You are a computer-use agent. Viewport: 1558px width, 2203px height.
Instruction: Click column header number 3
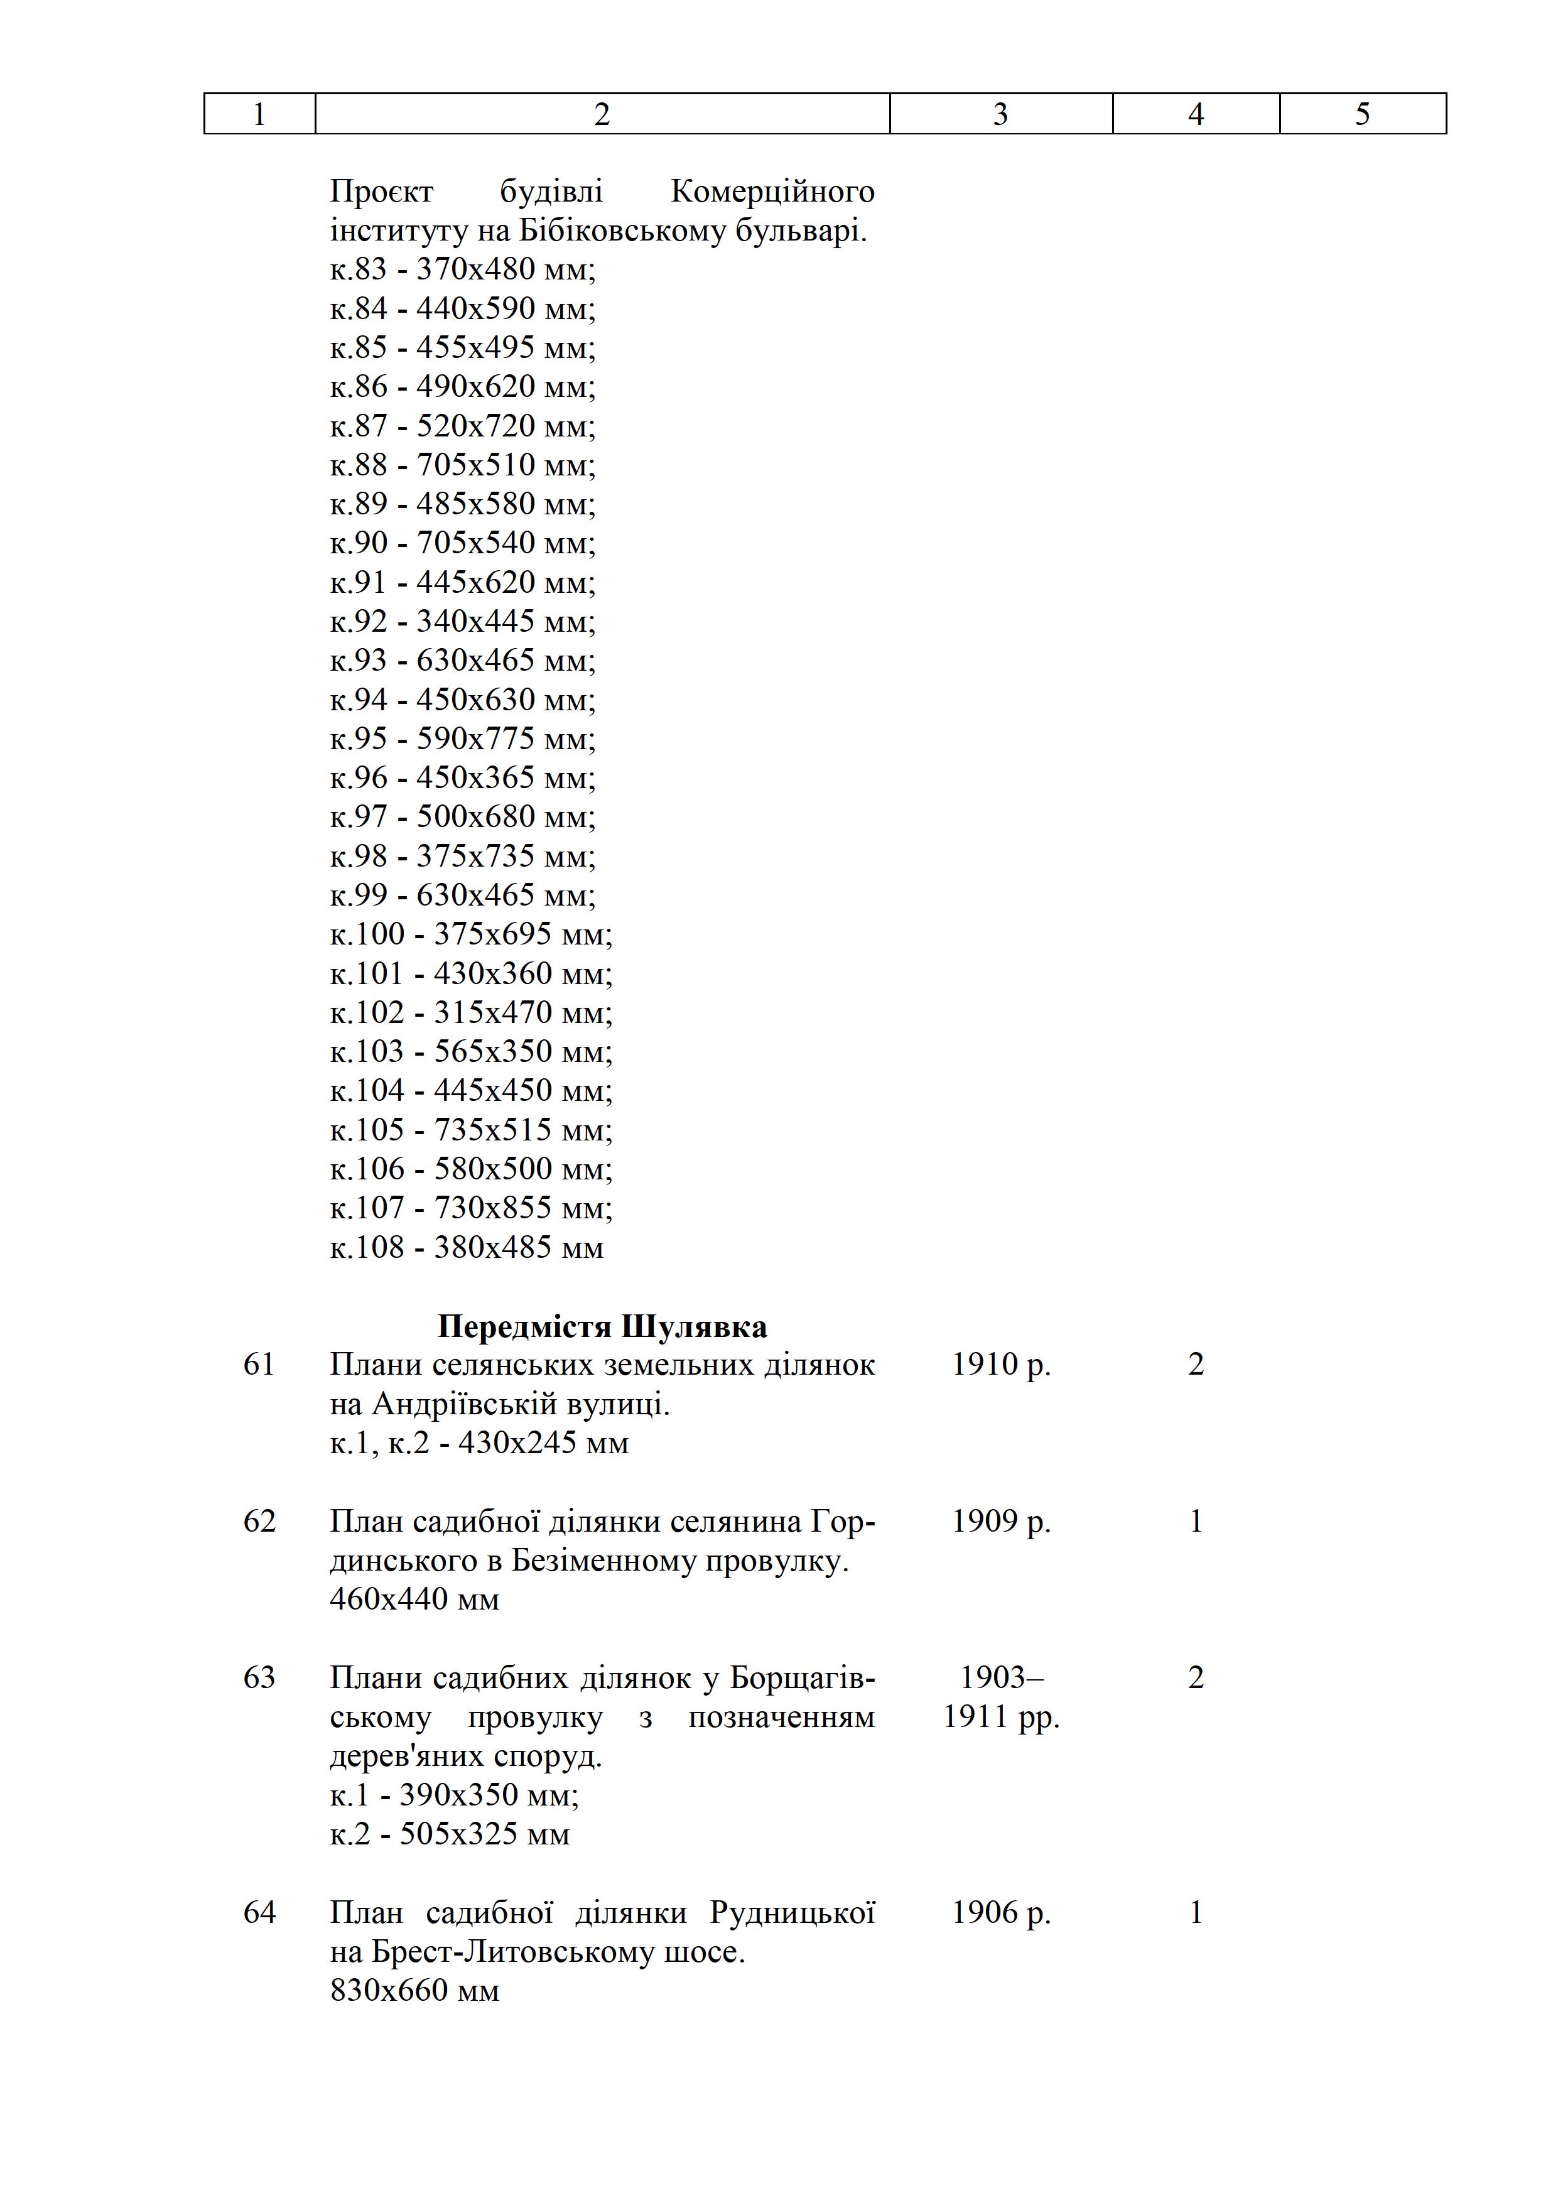[1000, 114]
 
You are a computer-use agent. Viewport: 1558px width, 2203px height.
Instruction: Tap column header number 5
[1361, 114]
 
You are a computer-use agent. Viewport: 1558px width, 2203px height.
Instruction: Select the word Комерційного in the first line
[772, 192]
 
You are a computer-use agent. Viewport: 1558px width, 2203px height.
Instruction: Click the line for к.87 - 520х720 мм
[462, 426]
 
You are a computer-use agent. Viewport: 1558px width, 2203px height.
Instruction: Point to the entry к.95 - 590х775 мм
[462, 739]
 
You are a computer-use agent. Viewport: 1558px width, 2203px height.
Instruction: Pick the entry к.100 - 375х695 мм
[470, 934]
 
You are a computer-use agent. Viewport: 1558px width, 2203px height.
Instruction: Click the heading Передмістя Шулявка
[602, 1327]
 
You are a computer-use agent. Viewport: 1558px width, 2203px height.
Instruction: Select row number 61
[259, 1365]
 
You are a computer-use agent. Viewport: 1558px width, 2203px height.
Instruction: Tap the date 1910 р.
[1000, 1365]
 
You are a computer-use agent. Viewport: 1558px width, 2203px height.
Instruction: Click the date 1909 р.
[1000, 1522]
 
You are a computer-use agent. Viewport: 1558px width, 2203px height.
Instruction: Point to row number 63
[259, 1678]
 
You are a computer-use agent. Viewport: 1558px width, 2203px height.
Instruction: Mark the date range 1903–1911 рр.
[1000, 1697]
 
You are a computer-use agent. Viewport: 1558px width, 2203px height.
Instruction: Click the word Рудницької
[793, 1913]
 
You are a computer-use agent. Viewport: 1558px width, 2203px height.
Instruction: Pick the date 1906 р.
[1000, 1913]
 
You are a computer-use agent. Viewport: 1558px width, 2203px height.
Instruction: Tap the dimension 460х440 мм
[414, 1599]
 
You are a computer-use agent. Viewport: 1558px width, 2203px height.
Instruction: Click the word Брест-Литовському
[513, 1952]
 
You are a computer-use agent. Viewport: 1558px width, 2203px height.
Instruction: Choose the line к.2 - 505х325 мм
[449, 1834]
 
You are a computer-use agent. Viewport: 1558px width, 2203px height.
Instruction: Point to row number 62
[259, 1522]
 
